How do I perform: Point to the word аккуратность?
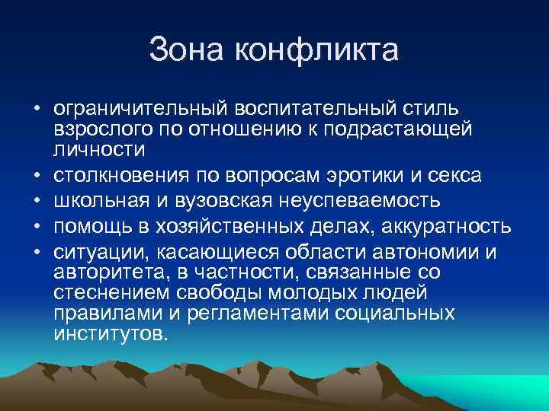coord(443,227)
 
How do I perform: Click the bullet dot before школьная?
coord(37,202)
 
